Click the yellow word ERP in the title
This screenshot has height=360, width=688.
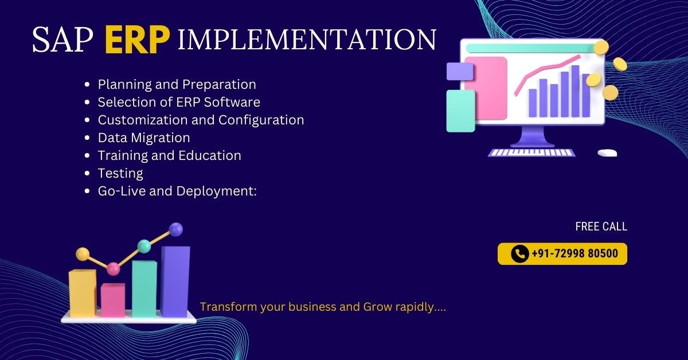(x=138, y=40)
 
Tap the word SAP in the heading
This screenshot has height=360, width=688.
(x=63, y=40)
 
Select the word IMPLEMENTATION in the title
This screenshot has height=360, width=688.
(x=307, y=40)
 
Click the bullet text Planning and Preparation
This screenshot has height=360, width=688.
(x=177, y=84)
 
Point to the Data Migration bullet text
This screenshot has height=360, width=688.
(x=143, y=138)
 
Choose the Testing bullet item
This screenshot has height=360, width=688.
(x=120, y=173)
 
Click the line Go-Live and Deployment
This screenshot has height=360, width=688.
(x=177, y=191)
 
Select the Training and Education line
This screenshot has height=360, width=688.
(x=169, y=155)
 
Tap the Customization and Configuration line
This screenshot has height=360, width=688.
(x=201, y=120)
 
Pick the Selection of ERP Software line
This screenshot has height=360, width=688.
(x=179, y=102)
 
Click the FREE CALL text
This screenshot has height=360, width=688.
(x=601, y=226)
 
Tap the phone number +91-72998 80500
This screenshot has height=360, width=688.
(x=574, y=253)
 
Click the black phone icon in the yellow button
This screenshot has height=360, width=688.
(x=519, y=253)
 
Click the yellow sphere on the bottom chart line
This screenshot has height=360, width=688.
(x=83, y=253)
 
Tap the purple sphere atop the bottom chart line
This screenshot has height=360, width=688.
(x=176, y=229)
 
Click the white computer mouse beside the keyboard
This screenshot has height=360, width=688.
(x=607, y=153)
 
